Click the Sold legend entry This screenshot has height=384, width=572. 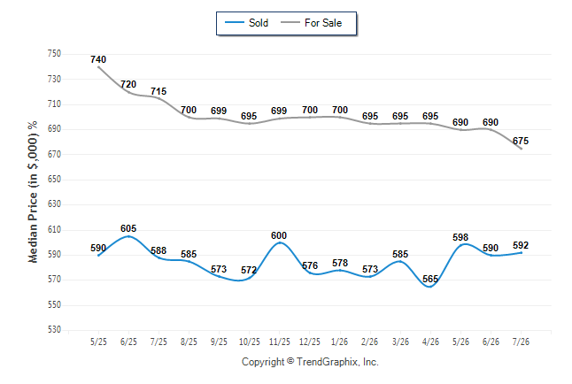tap(247, 23)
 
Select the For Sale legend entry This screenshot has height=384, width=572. tap(311, 23)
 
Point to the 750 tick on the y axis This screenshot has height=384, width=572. tap(54, 54)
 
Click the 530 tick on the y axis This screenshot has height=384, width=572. tap(54, 330)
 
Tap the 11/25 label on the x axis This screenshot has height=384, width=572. tap(280, 342)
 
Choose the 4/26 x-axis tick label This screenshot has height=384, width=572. tap(430, 342)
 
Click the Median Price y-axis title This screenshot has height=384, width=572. tap(33, 192)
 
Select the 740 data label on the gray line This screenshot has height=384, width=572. tap(98, 59)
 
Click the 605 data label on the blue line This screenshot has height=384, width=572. tap(128, 228)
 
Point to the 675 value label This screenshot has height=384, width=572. tap(521, 141)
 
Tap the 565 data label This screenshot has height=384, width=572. tap(430, 279)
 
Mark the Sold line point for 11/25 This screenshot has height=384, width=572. tap(280, 242)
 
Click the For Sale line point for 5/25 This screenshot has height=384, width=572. tap(98, 67)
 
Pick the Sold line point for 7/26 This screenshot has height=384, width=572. tap(521, 253)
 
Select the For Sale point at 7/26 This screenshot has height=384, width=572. tap(521, 149)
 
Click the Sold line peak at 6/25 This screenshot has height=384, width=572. tap(128, 236)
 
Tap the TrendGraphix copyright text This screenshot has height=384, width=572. tap(310, 362)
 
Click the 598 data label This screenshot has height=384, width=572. tap(460, 237)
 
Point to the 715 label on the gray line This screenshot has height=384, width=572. tap(158, 91)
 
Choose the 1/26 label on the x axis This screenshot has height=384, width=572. tap(340, 342)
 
